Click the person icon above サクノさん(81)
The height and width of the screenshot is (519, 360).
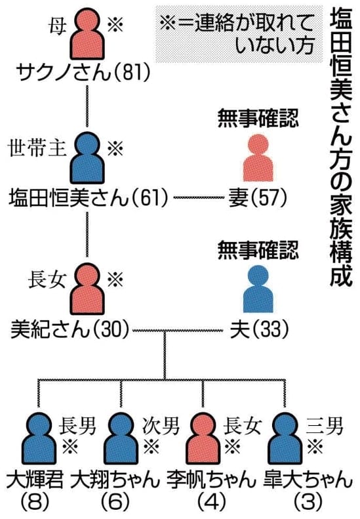click(87, 34)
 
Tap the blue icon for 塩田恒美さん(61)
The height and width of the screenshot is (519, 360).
click(87, 158)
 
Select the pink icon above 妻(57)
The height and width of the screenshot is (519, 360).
click(258, 158)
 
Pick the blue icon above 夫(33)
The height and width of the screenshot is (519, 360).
click(258, 289)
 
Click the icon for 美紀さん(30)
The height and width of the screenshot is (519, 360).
click(87, 289)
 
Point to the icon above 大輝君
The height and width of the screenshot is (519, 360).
click(39, 438)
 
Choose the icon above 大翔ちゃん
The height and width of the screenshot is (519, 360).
click(121, 438)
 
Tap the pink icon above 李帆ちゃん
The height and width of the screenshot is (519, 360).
click(203, 438)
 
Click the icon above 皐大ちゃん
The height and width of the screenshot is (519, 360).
click(285, 438)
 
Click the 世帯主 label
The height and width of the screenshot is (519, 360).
click(37, 147)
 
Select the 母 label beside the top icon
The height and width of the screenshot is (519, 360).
click(56, 25)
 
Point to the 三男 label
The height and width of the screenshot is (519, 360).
click(325, 426)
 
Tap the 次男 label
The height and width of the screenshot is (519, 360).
click(161, 426)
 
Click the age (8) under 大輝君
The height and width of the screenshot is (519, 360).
click(35, 502)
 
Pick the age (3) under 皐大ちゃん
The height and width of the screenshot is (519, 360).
click(308, 502)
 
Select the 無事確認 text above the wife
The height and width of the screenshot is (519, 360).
click(258, 119)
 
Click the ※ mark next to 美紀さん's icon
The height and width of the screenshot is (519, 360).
click(115, 279)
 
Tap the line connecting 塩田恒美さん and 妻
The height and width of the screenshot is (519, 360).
click(199, 198)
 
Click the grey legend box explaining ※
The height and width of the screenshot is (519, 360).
click(239, 33)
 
